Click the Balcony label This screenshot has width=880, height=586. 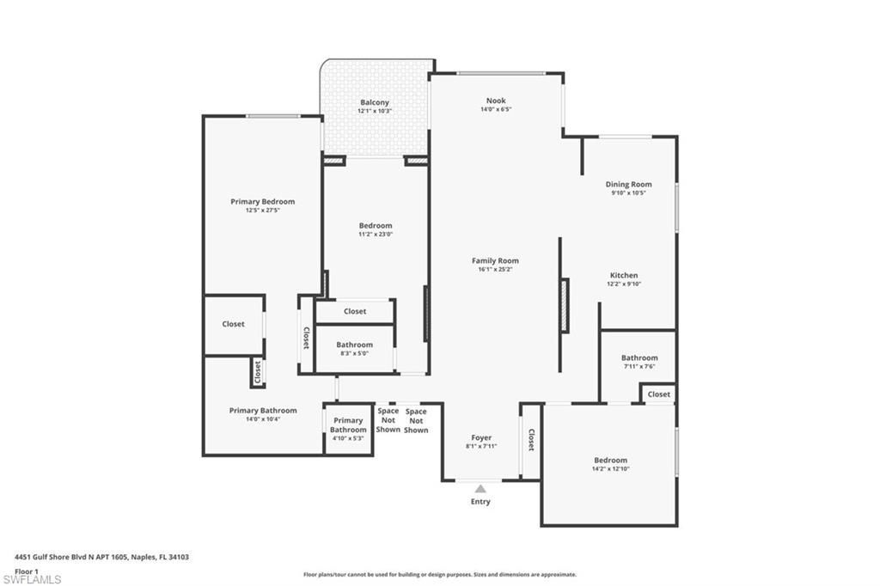pyautogui.click(x=374, y=102)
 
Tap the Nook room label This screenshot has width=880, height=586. pyautogui.click(x=496, y=101)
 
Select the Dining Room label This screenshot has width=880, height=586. pyautogui.click(x=628, y=184)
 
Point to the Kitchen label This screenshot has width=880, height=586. pyautogui.click(x=625, y=275)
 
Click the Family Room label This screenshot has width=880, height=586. pyautogui.click(x=495, y=260)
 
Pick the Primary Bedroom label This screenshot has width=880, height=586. pyautogui.click(x=262, y=202)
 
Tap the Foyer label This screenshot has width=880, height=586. pyautogui.click(x=481, y=437)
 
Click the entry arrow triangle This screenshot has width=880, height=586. pyautogui.click(x=480, y=489)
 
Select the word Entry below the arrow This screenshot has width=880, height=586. pyautogui.click(x=480, y=502)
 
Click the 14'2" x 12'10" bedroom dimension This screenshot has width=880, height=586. pyautogui.click(x=610, y=468)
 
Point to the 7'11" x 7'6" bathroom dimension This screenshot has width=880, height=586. pyautogui.click(x=639, y=366)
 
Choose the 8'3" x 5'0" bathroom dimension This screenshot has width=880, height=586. pyautogui.click(x=354, y=352)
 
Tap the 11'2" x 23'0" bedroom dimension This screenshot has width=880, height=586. pyautogui.click(x=376, y=235)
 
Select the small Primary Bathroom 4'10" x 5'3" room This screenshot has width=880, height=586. pyautogui.click(x=348, y=430)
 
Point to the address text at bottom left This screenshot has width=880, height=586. pyautogui.click(x=101, y=557)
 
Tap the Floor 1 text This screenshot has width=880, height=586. pyautogui.click(x=27, y=571)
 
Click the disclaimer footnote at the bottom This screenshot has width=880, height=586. pyautogui.click(x=439, y=575)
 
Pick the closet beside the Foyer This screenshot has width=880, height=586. pyautogui.click(x=531, y=440)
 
